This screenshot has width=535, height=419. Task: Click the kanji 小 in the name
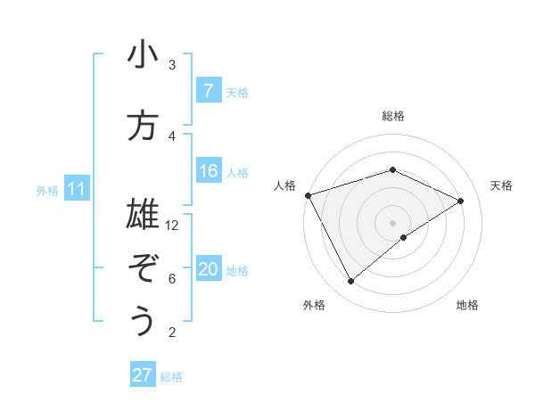(x=143, y=56)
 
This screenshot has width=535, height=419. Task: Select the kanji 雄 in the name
(x=143, y=214)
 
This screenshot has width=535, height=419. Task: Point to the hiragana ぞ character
(x=143, y=267)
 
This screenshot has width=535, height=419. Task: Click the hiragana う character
(x=143, y=321)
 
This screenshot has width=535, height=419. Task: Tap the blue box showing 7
(x=208, y=91)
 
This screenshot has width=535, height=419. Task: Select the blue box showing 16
(x=208, y=172)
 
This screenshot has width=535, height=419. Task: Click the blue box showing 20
(x=208, y=270)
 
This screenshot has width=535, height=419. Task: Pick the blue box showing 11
(x=77, y=189)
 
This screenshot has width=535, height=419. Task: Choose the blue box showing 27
(x=143, y=375)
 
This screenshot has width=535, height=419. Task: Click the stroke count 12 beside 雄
(x=172, y=226)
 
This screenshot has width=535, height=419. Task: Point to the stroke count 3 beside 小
(x=172, y=65)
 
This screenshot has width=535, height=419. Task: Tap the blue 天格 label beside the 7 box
(x=237, y=92)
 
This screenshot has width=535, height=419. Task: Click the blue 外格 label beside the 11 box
(x=46, y=190)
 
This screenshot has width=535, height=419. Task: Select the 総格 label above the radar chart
(x=392, y=116)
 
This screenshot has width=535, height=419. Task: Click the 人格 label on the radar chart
(x=284, y=185)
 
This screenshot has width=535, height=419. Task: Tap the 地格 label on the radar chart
(x=467, y=305)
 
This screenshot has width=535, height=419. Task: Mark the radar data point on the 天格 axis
(x=461, y=201)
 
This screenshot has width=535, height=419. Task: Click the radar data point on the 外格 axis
(x=350, y=282)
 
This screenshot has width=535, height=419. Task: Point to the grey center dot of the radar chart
(x=392, y=223)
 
